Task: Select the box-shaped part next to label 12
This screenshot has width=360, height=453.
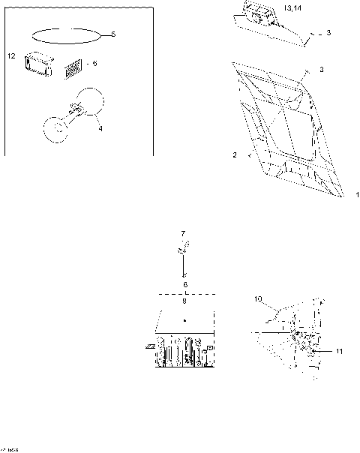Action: [x=35, y=63]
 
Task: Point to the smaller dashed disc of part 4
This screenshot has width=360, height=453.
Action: [x=55, y=128]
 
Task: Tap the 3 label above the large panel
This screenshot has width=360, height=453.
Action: [x=320, y=70]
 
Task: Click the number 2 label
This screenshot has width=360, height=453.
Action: [x=235, y=154]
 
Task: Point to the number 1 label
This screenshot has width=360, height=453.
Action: [x=357, y=194]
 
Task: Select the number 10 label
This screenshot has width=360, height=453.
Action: [x=257, y=300]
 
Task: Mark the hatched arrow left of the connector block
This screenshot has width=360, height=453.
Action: [x=151, y=346]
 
